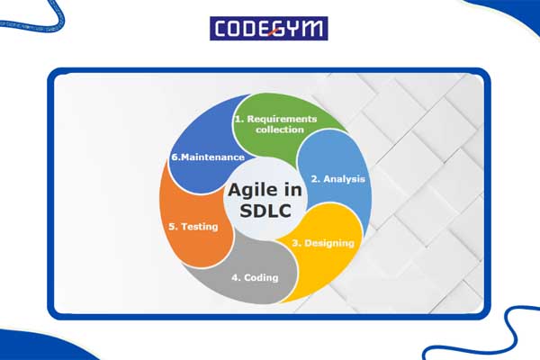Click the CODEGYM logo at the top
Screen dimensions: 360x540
(x=268, y=28)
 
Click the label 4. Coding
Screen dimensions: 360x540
(x=254, y=277)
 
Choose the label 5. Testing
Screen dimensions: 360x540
(x=193, y=228)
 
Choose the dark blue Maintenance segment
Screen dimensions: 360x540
(x=202, y=148)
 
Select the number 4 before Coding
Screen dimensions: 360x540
(x=234, y=277)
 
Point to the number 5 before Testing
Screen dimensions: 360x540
(x=172, y=228)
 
